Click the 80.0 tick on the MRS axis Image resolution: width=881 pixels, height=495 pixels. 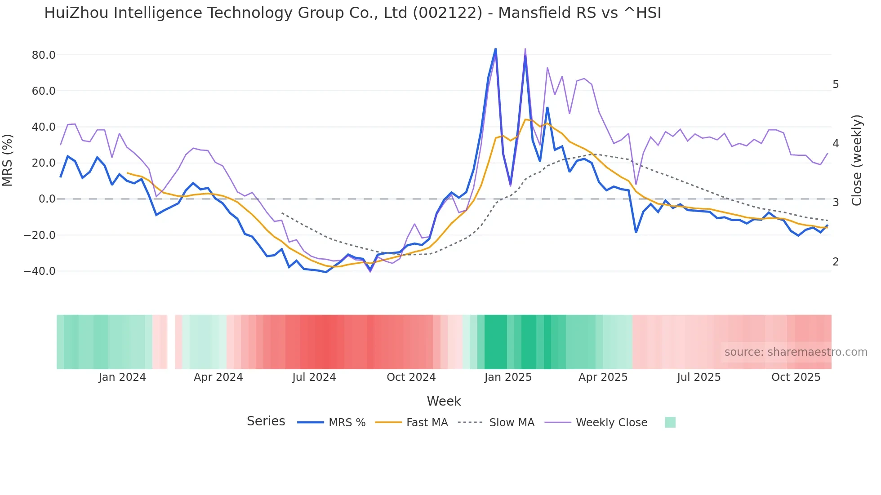tap(44, 55)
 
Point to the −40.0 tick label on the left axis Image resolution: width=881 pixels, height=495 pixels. tap(40, 271)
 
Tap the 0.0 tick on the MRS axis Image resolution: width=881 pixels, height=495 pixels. tap(47, 199)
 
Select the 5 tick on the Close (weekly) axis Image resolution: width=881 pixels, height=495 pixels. tap(836, 84)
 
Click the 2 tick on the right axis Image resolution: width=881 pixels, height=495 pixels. tap(836, 261)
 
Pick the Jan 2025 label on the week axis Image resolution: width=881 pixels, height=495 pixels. tap(508, 377)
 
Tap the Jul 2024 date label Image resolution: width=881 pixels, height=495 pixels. tap(314, 377)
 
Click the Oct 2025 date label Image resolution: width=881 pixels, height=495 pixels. tap(796, 377)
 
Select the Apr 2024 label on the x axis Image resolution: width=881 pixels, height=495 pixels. tap(218, 377)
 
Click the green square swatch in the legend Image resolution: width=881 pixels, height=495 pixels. tap(670, 422)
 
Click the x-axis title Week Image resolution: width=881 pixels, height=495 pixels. tap(444, 401)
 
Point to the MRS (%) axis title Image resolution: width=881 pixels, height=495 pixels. tap(8, 160)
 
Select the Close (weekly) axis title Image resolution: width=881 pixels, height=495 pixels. tap(857, 160)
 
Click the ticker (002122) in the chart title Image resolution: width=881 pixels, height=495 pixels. tap(447, 13)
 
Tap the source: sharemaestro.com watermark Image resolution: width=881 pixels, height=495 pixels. tap(796, 352)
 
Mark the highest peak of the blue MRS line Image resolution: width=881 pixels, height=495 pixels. tap(495, 49)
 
